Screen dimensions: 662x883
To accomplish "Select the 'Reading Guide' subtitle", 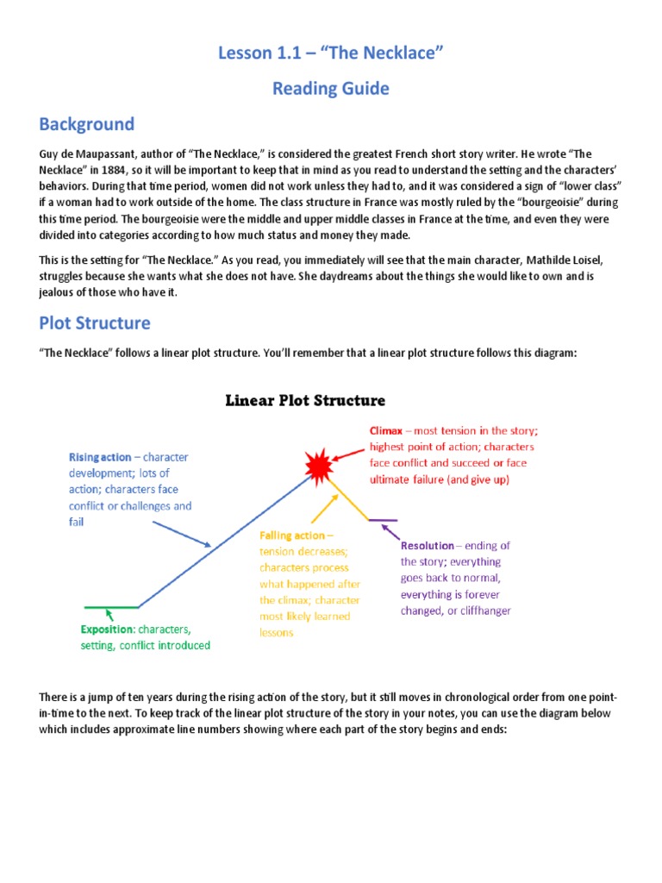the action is pos(331,88).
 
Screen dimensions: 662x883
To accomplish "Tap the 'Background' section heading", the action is pos(86,123).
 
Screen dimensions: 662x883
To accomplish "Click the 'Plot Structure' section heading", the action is pos(94,323).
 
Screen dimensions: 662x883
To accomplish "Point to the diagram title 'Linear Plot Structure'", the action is pos(305,400).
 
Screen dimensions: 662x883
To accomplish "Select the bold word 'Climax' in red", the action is pos(387,430).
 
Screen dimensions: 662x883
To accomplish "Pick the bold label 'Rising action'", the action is pos(100,456).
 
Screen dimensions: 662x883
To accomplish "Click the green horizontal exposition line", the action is pos(110,608).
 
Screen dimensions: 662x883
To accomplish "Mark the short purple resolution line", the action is pos(383,520).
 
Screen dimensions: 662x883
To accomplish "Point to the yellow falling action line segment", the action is pos(349,498).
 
